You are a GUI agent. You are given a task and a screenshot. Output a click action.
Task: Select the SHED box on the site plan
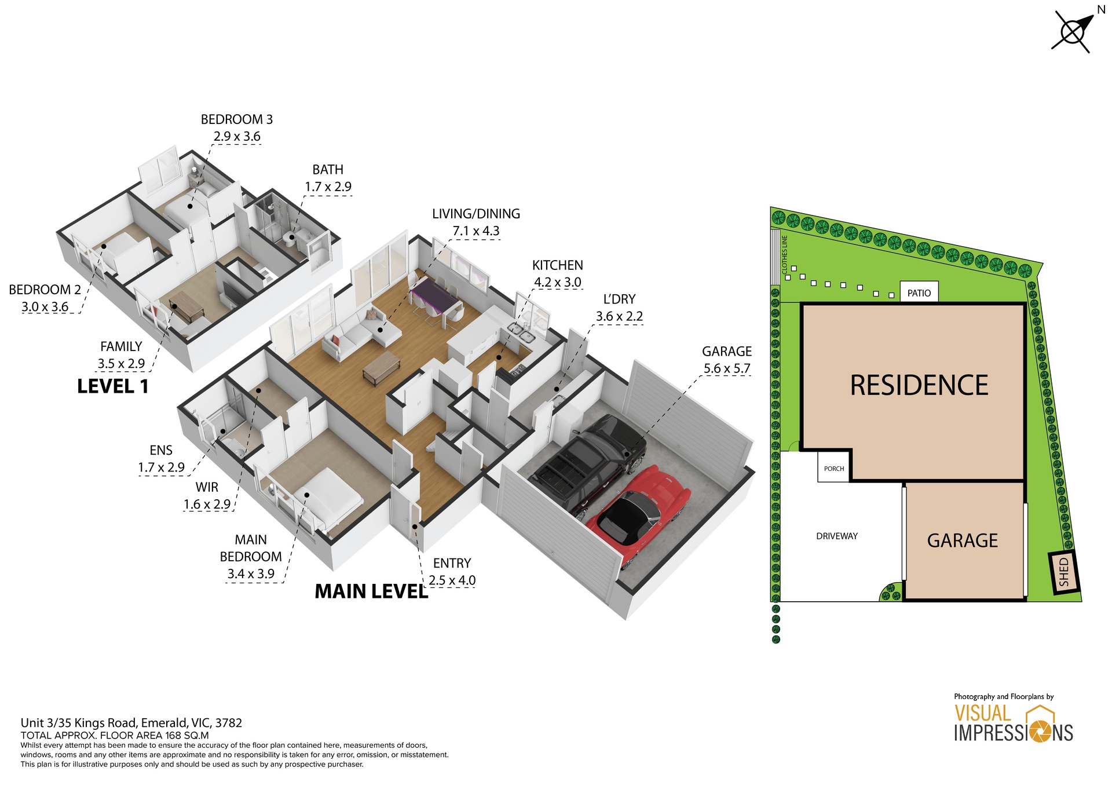point(1065,571)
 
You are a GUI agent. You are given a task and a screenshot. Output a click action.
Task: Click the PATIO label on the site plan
point(919,293)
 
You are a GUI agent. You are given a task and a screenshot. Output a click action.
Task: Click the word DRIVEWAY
point(836,536)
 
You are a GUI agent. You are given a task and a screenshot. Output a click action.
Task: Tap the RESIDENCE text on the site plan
point(919,386)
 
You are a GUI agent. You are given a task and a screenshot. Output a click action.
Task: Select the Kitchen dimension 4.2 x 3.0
point(557,283)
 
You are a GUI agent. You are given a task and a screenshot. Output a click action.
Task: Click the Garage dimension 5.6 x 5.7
point(726,368)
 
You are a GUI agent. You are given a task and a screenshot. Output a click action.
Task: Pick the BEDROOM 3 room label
point(236,120)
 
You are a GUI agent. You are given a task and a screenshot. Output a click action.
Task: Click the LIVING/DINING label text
point(475,214)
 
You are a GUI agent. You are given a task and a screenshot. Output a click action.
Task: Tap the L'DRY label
point(619,299)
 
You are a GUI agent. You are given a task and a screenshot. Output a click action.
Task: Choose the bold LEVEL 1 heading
point(113,386)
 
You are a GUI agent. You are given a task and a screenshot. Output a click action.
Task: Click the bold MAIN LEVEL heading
point(371,591)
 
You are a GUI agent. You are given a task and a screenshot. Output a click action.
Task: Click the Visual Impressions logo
point(1013,723)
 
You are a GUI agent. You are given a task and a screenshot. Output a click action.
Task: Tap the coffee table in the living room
point(381,367)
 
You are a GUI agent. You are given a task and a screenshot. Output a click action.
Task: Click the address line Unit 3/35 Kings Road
point(131,722)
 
